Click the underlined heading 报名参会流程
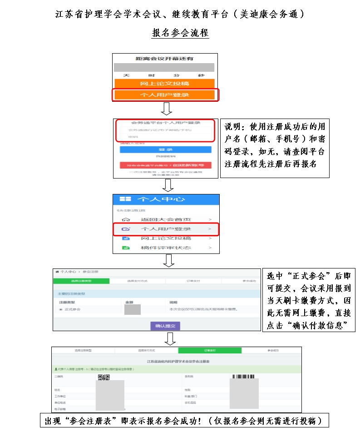pos(180,34)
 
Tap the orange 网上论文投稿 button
pos(164,84)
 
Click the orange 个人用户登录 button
pos(164,95)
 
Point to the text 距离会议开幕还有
pos(165,59)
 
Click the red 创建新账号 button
pos(165,165)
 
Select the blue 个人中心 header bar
pos(166,200)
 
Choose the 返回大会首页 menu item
pos(165,219)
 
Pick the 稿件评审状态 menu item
pos(165,248)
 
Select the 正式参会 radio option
pos(61,309)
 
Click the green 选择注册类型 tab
pos(82,281)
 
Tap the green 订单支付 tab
pos(210,351)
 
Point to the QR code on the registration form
pos(104,377)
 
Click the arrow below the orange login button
pos(167,109)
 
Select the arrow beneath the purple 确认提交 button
pos(169,339)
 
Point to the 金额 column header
pos(129,302)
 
